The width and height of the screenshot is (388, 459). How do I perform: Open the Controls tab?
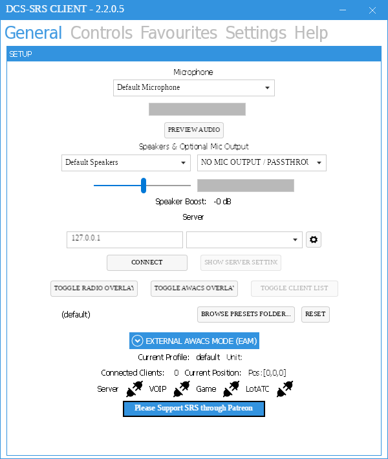pyautogui.click(x=102, y=32)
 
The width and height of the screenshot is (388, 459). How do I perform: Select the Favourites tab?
pyautogui.click(x=179, y=32)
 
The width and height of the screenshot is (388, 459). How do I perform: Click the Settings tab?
pyautogui.click(x=256, y=33)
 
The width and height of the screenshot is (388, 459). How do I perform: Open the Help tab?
pyautogui.click(x=311, y=33)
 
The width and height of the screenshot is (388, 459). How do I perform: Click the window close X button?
pyautogui.click(x=372, y=10)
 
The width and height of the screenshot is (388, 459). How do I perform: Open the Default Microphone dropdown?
pyautogui.click(x=194, y=88)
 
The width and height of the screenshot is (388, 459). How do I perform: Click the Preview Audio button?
pyautogui.click(x=194, y=130)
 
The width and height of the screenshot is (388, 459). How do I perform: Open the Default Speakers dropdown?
pyautogui.click(x=126, y=163)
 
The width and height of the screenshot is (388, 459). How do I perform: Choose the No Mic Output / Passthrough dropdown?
pyautogui.click(x=262, y=163)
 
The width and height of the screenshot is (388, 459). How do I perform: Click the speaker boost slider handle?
pyautogui.click(x=144, y=186)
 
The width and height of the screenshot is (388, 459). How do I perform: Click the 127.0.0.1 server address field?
pyautogui.click(x=125, y=240)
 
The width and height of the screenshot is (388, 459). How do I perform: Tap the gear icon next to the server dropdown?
pyautogui.click(x=314, y=240)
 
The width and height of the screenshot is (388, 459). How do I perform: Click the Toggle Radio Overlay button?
pyautogui.click(x=94, y=288)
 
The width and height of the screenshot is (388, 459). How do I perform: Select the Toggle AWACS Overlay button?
pyautogui.click(x=194, y=288)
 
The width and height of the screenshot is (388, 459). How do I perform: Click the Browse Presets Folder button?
pyautogui.click(x=246, y=314)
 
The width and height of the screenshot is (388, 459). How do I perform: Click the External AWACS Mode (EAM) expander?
pyautogui.click(x=194, y=341)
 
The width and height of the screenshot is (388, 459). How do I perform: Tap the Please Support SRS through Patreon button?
pyautogui.click(x=194, y=409)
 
